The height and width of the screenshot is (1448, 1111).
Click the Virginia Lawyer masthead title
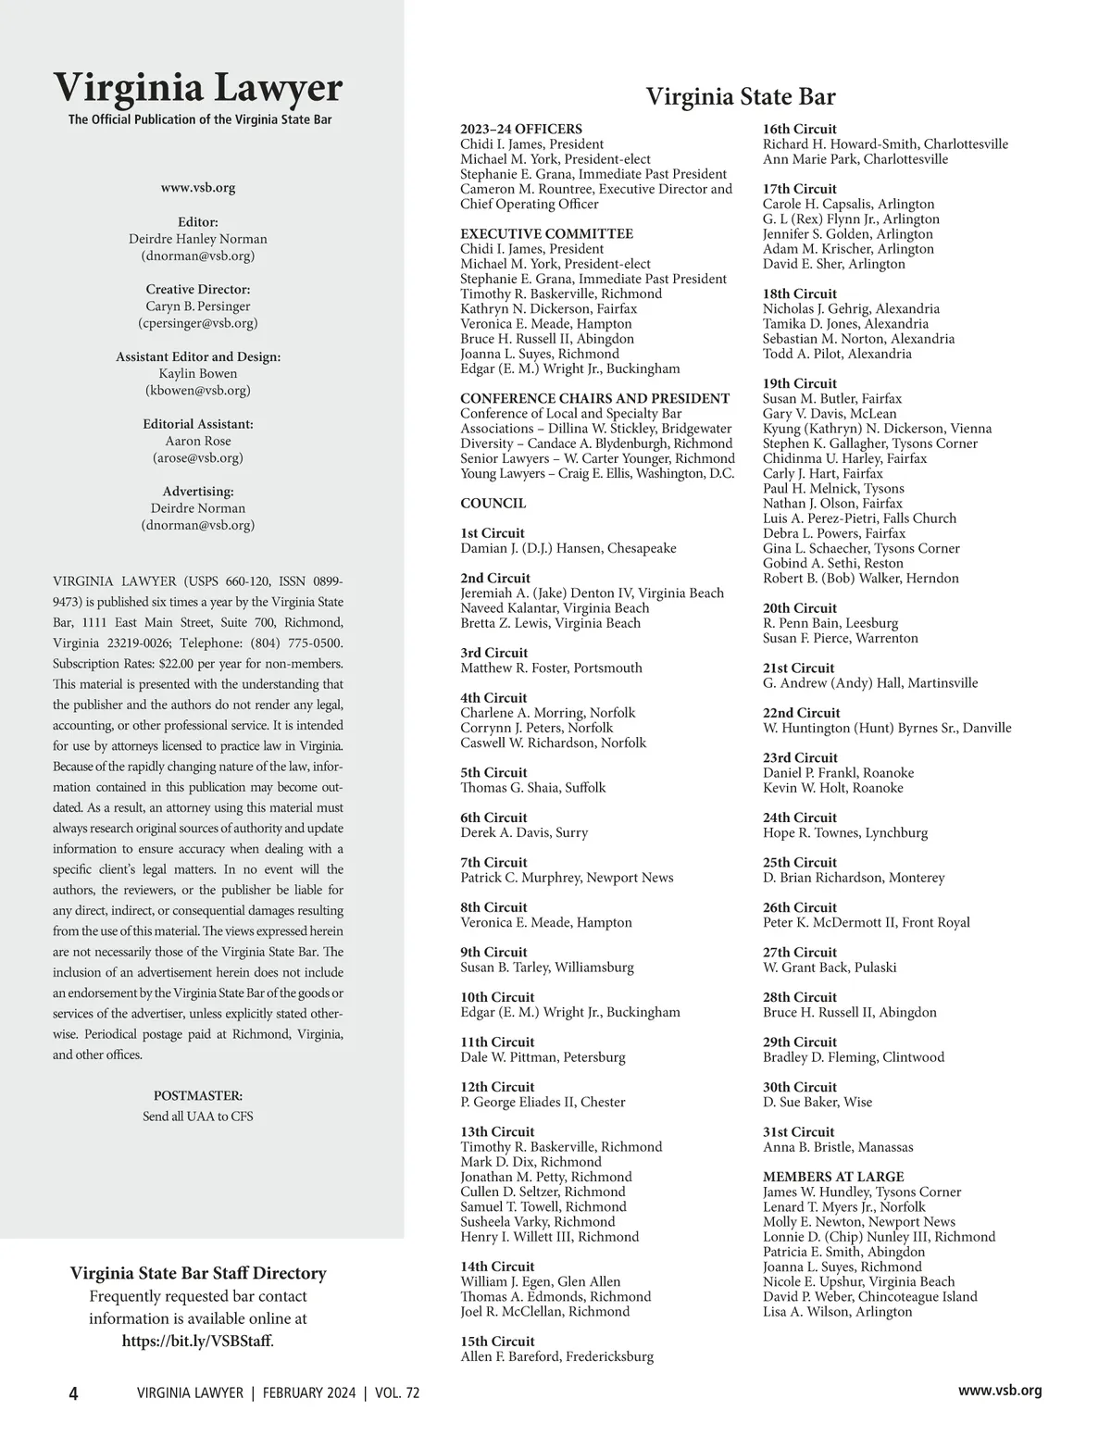pyautogui.click(x=197, y=88)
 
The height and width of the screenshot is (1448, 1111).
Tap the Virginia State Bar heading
pyautogui.click(x=740, y=97)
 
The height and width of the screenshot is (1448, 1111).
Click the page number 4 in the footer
pyautogui.click(x=74, y=1393)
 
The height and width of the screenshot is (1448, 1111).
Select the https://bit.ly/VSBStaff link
pyautogui.click(x=197, y=1340)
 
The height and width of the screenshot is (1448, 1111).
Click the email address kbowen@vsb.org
pyautogui.click(x=197, y=390)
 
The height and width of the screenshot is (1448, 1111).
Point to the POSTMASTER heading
pyautogui.click(x=197, y=1095)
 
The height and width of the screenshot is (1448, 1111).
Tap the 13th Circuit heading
pyautogui.click(x=497, y=1131)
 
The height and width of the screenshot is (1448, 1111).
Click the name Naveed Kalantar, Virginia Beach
pyautogui.click(x=555, y=607)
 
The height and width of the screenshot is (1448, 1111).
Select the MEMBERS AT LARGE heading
pyautogui.click(x=832, y=1177)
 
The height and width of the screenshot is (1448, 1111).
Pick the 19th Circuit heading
pyautogui.click(x=799, y=383)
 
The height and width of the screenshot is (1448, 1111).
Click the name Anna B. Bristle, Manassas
pyautogui.click(x=837, y=1147)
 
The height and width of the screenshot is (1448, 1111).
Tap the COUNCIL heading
pyautogui.click(x=493, y=503)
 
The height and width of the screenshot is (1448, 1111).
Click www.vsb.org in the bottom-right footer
pyautogui.click(x=1000, y=1390)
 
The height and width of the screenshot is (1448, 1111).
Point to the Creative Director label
pyautogui.click(x=197, y=289)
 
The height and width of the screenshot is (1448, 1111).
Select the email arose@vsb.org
pyautogui.click(x=197, y=457)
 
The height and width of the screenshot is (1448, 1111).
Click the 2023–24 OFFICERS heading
pyautogui.click(x=521, y=129)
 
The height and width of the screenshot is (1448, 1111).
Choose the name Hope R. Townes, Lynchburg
pyautogui.click(x=844, y=832)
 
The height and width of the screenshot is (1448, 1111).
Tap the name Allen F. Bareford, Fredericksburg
pyautogui.click(x=556, y=1356)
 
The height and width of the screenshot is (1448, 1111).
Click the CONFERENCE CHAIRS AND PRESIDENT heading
pyautogui.click(x=594, y=398)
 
